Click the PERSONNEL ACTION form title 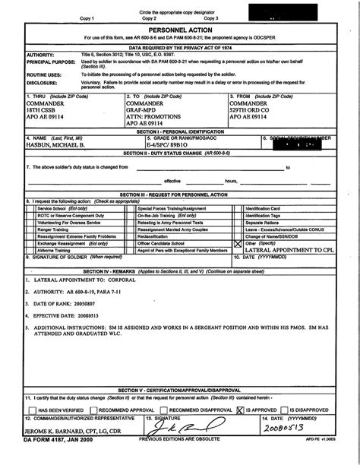pos(180,27)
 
